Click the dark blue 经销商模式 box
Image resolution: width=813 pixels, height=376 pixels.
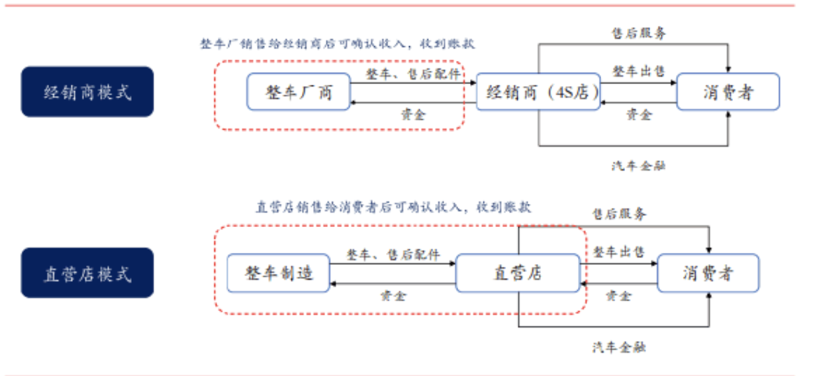click(87, 91)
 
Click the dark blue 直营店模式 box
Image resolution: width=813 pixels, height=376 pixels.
click(87, 273)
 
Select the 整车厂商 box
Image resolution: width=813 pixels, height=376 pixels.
click(299, 91)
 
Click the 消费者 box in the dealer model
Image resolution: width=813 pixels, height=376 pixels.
click(728, 91)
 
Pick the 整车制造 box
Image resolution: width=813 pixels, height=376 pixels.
click(278, 273)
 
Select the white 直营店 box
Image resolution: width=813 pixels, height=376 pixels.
click(517, 273)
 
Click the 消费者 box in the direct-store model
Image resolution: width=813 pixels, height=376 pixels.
click(708, 273)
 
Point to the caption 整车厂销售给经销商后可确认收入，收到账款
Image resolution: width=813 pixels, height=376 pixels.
click(338, 44)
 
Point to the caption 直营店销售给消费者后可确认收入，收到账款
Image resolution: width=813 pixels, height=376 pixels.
click(393, 207)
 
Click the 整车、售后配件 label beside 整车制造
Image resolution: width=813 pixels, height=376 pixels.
click(393, 255)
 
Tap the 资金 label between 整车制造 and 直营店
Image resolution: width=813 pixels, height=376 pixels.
click(393, 295)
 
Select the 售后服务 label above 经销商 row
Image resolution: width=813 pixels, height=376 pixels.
click(638, 32)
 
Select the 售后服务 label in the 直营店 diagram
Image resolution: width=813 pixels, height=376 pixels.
click(618, 214)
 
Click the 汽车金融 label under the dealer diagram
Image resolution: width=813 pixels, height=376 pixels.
click(638, 165)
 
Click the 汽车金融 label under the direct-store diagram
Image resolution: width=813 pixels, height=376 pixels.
click(618, 347)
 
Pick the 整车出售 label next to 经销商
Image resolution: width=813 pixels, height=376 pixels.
click(638, 71)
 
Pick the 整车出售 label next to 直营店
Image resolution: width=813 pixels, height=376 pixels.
click(618, 252)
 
